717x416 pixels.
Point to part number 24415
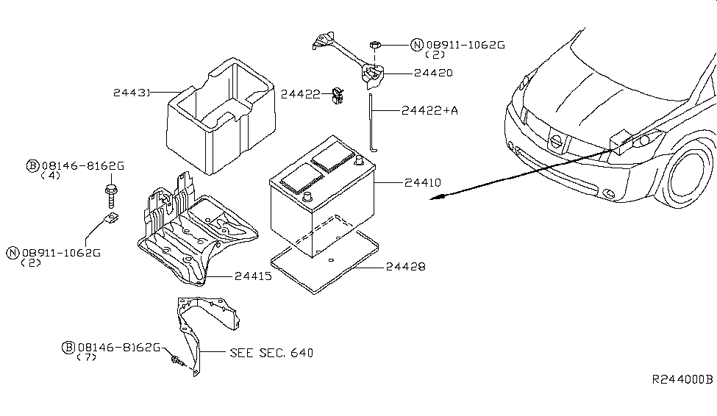[253, 276]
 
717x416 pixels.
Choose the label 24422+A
[430, 110]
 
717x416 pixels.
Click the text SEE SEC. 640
[271, 353]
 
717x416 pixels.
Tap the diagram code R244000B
[682, 380]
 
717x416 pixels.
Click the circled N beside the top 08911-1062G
[418, 45]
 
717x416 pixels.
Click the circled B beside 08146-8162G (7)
[68, 348]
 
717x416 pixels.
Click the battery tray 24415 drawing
[195, 235]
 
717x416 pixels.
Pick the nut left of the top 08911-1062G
[374, 46]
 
